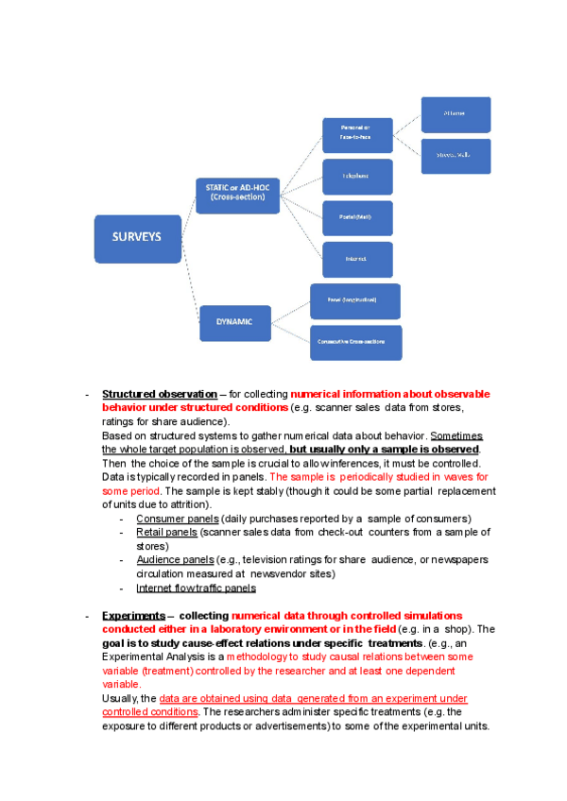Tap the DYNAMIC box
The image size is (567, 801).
(x=234, y=322)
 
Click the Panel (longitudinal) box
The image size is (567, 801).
(x=354, y=300)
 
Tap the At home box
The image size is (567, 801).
(x=455, y=114)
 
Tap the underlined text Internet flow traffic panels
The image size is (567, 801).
(x=196, y=588)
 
